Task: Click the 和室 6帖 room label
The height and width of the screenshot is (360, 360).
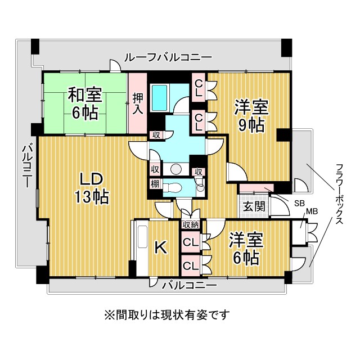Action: (84, 102)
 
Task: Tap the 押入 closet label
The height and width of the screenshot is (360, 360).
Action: (138, 102)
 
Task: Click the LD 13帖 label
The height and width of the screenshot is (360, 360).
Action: (89, 188)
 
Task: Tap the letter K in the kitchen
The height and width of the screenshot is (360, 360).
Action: (160, 248)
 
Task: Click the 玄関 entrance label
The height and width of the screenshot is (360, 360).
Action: (254, 206)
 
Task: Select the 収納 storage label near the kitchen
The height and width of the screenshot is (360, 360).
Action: (191, 225)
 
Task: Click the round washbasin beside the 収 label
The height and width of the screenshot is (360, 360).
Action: (175, 169)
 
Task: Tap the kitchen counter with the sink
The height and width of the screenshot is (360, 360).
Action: (140, 247)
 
